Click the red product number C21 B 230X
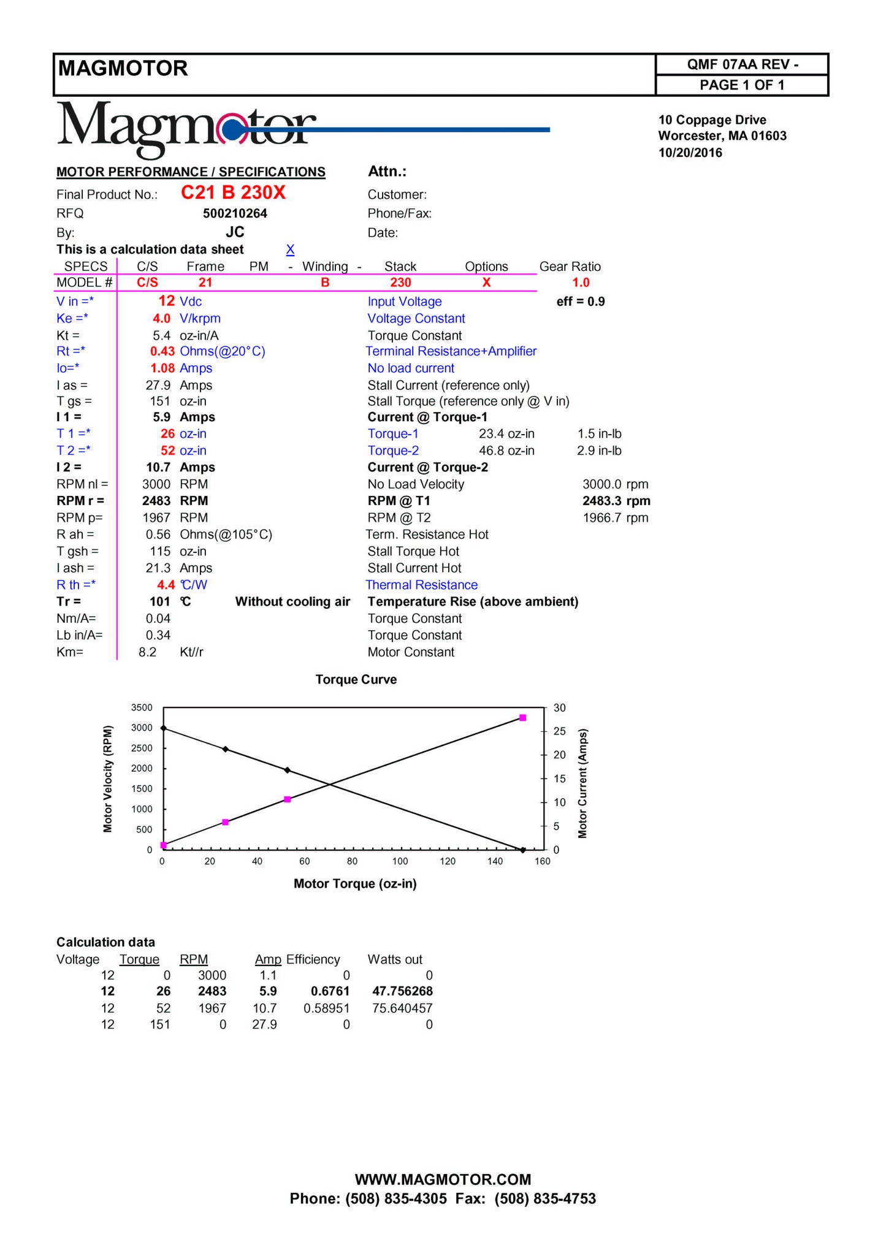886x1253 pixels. point(233,193)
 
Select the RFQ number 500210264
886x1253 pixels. point(235,213)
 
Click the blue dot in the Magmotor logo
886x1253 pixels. point(232,130)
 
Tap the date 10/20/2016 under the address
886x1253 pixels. point(690,153)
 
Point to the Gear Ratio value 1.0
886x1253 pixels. point(580,283)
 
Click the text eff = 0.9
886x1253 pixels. point(580,302)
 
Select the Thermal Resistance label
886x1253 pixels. point(421,585)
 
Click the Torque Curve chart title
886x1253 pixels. point(356,679)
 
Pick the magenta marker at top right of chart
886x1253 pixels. point(522,717)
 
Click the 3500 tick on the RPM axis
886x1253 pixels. point(142,707)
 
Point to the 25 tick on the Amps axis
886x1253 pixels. point(559,731)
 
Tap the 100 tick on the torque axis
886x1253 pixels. point(400,861)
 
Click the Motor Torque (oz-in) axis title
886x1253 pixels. point(355,883)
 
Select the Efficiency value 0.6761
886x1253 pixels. point(330,991)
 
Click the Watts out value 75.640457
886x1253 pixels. point(402,1008)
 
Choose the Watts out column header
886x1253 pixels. point(395,959)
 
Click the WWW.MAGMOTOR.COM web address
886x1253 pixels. point(443,1179)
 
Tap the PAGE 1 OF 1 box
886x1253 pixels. point(741,85)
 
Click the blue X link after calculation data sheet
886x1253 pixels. point(290,249)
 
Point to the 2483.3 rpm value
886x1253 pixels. point(616,501)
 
